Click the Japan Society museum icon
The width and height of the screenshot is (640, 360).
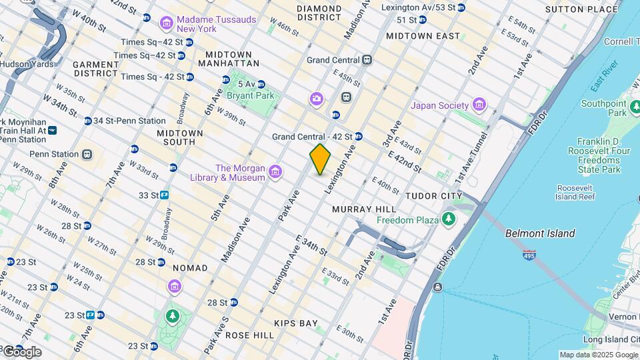coord(478,105)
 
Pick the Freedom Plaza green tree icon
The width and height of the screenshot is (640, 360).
coord(449,219)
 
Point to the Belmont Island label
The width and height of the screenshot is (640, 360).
coord(539,233)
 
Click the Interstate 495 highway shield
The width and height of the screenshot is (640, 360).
coord(529,256)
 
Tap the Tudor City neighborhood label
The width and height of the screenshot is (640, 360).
coord(434,195)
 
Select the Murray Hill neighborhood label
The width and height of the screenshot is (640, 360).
coord(365,209)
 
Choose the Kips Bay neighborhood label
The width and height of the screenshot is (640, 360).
coord(295,323)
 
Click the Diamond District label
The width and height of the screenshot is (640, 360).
coord(319,13)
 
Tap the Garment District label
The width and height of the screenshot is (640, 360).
coord(95,69)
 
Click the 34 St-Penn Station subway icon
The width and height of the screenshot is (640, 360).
coord(88,121)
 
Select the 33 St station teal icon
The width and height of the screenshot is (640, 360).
coord(164,195)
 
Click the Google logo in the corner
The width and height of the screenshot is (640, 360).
coord(22,352)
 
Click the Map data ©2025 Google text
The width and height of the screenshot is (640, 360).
coord(598,355)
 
